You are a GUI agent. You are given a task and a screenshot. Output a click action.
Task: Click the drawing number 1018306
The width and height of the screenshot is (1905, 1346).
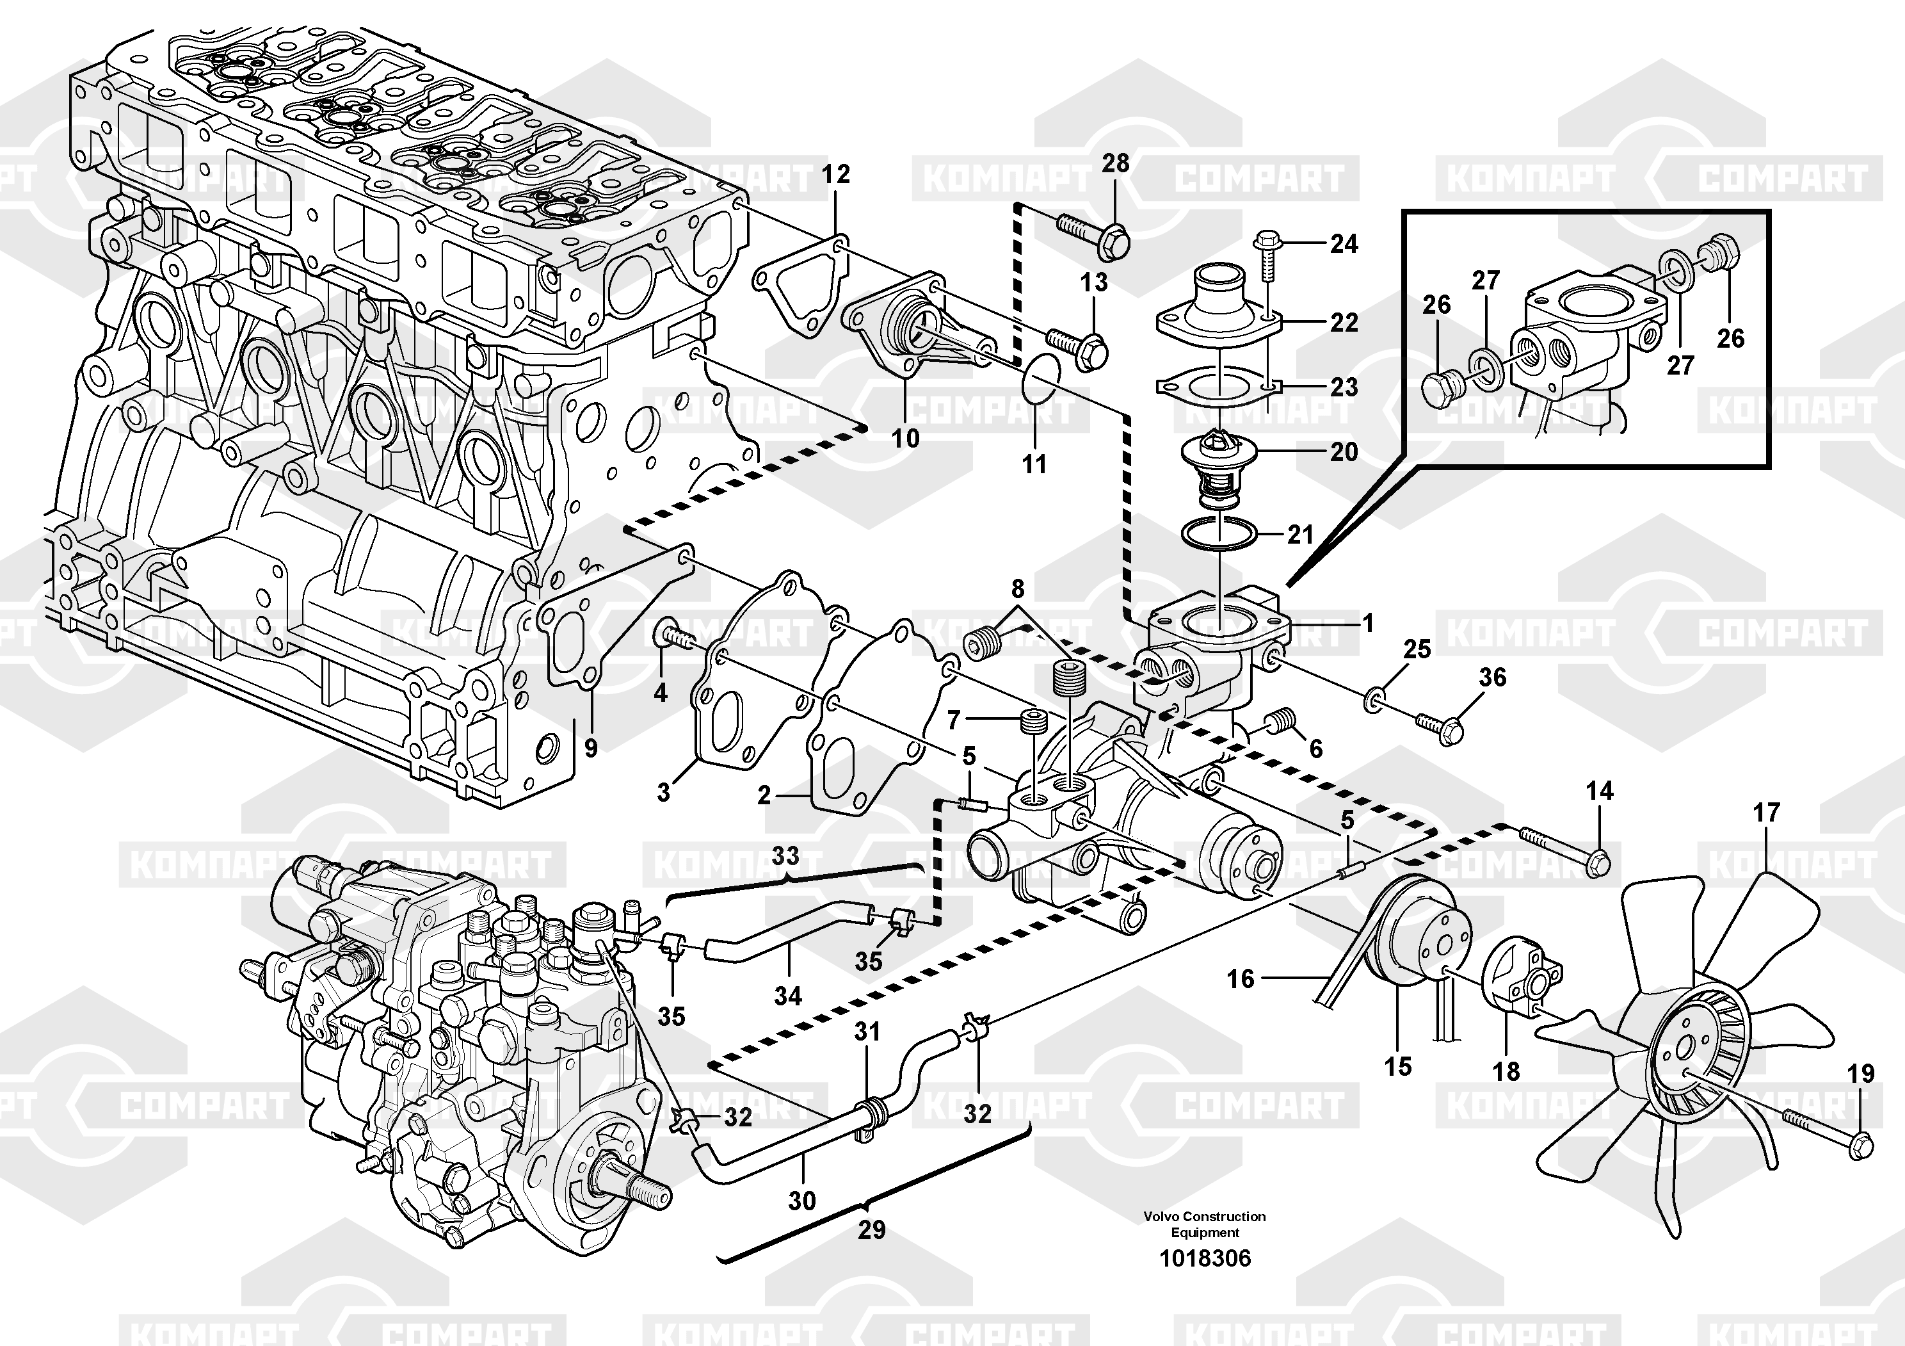click(x=1205, y=1258)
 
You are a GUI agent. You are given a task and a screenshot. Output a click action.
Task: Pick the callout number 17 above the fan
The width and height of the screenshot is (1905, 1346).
click(x=1767, y=813)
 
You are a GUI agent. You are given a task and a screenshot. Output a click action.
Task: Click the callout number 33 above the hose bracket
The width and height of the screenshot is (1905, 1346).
click(x=785, y=855)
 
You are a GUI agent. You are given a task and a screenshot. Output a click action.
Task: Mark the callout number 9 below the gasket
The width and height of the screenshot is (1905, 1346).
click(x=591, y=748)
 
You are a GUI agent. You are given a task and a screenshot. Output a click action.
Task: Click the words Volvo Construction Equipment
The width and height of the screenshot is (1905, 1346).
click(x=1205, y=1224)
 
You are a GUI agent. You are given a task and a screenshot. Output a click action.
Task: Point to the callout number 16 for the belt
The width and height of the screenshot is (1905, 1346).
click(x=1241, y=979)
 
